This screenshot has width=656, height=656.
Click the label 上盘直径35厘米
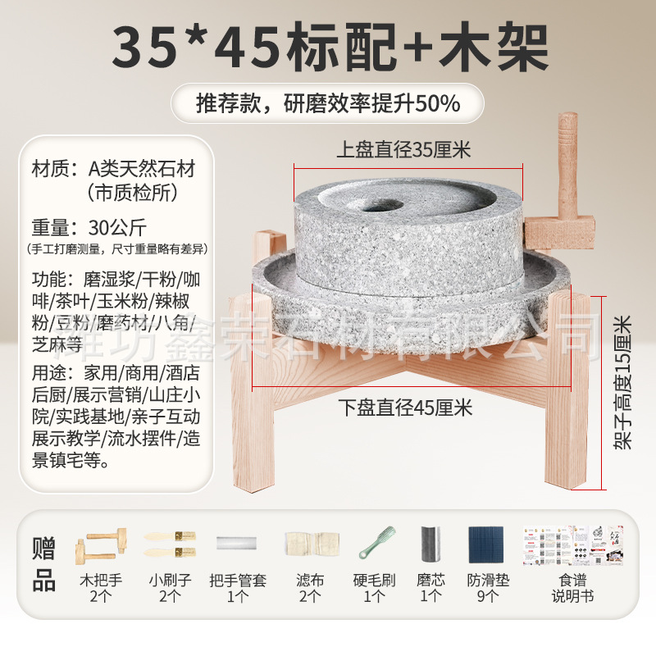point(403,150)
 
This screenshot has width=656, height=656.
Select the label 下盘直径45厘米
point(405,407)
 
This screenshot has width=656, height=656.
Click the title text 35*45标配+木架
point(328,48)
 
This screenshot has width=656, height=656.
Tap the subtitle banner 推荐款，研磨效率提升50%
point(328,104)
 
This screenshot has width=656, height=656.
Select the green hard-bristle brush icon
point(377,543)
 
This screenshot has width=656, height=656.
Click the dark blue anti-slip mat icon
point(488,544)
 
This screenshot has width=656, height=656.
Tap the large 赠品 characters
point(43,564)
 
